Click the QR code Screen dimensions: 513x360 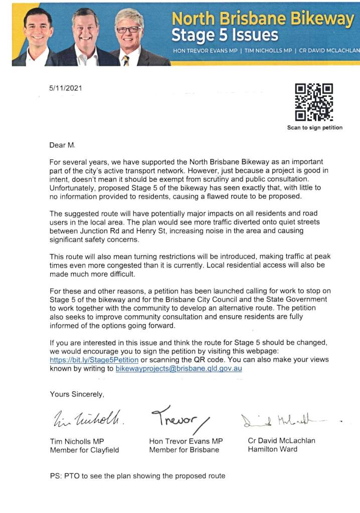tap(314, 102)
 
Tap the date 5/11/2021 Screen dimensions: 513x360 tap(66, 89)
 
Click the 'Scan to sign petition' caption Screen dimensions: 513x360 tap(314, 128)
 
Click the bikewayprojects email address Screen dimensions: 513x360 tap(179, 369)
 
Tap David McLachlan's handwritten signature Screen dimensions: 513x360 tap(281, 419)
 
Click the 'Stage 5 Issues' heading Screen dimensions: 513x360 tap(225, 35)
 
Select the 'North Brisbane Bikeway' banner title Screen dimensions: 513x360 tap(263, 19)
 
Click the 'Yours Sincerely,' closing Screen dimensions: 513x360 tap(77, 394)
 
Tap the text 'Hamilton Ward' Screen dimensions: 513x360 tap(272, 449)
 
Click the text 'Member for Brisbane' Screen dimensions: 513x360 tap(184, 450)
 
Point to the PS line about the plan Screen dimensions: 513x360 tap(137, 475)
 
